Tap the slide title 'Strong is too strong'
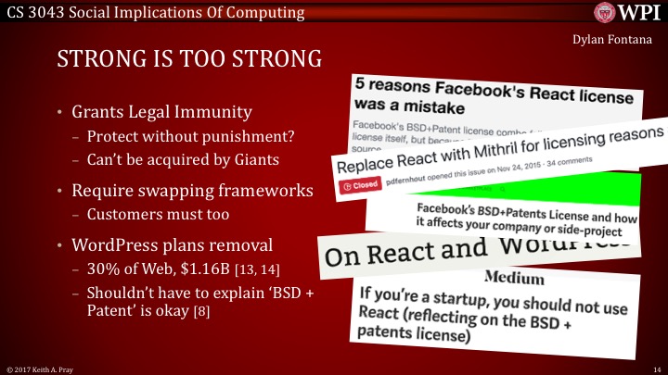(189, 63)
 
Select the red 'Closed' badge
(362, 185)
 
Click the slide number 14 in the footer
(656, 369)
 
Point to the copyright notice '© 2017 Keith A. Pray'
(42, 369)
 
